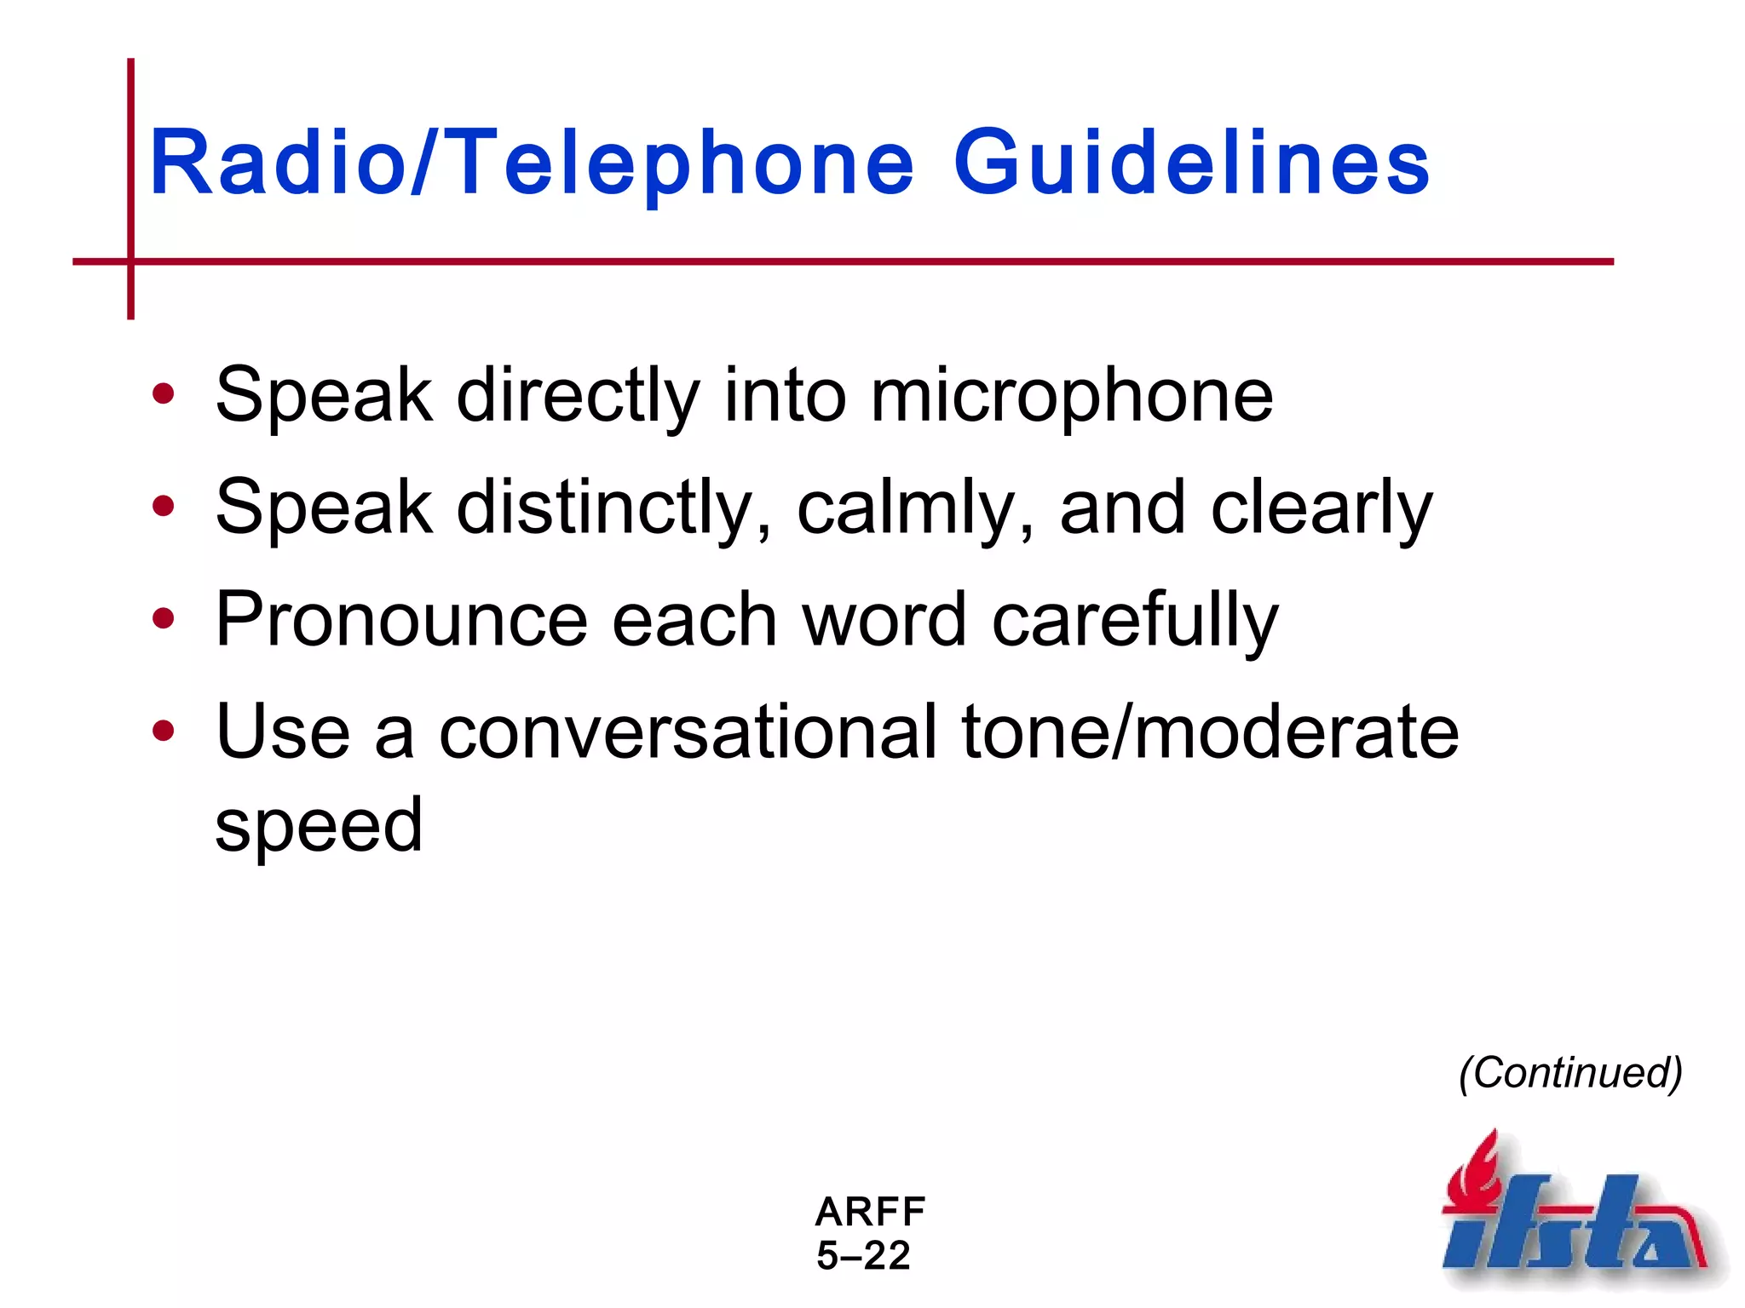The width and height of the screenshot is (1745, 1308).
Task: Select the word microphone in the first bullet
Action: (x=1071, y=396)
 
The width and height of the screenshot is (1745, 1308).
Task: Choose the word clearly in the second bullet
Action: (x=1322, y=508)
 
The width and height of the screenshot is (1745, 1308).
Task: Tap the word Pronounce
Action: (x=401, y=620)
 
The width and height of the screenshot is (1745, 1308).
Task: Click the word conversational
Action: (x=688, y=732)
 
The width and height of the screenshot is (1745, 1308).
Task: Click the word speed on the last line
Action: (x=319, y=826)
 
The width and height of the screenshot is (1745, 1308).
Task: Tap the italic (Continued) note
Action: (x=1570, y=1072)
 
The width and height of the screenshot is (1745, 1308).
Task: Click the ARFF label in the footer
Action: (x=870, y=1211)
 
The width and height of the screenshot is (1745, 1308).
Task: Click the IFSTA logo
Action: (x=1576, y=1218)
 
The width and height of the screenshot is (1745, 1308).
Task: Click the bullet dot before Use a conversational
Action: (x=163, y=731)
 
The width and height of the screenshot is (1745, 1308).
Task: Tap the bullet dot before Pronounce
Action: (x=163, y=619)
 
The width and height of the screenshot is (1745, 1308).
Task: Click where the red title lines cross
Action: (x=130, y=261)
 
